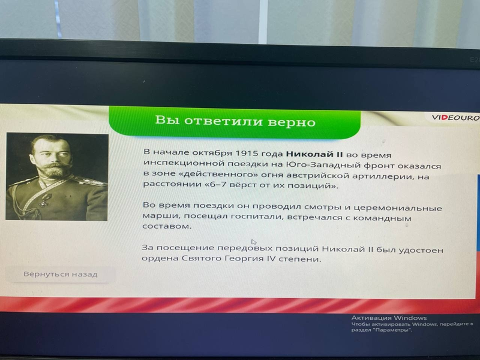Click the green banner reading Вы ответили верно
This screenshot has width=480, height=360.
coord(235,122)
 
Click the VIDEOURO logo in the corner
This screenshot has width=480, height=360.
coord(455,118)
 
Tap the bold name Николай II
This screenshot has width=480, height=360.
coord(314,154)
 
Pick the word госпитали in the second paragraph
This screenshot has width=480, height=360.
coord(258,217)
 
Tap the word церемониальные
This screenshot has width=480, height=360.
coord(398,208)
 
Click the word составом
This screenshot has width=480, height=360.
coord(167,227)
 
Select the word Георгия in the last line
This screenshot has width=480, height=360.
coord(244,259)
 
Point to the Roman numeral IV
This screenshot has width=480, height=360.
coord(271,259)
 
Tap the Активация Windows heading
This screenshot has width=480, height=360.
coord(389,318)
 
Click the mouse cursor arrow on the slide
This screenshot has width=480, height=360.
coord(254,242)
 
